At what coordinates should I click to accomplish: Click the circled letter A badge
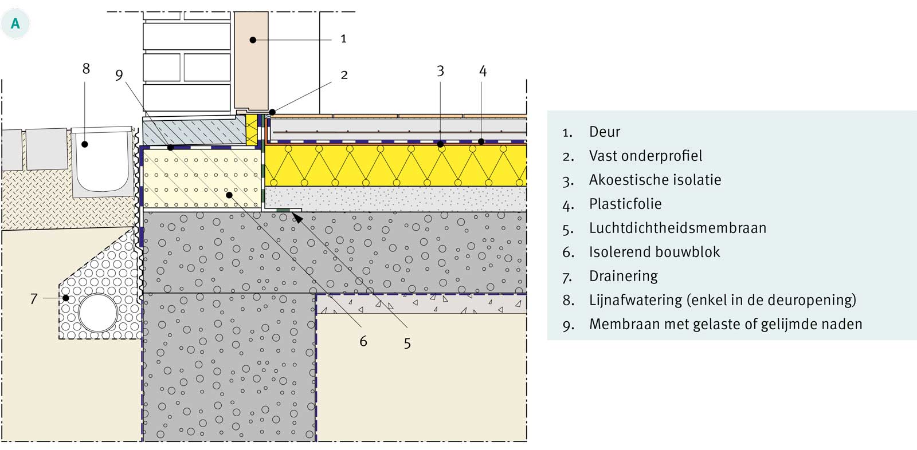(15, 23)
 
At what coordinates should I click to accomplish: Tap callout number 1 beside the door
(343, 39)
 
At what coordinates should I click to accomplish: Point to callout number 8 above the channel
(86, 69)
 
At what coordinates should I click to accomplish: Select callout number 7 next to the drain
(34, 298)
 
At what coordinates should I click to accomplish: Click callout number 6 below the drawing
(363, 341)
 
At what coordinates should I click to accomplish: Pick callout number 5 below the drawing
(407, 344)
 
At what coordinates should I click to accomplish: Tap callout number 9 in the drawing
(119, 75)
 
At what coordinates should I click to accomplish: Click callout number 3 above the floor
(440, 71)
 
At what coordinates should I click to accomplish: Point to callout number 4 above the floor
(483, 72)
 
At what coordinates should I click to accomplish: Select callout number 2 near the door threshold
(344, 75)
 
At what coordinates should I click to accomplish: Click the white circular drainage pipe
(98, 313)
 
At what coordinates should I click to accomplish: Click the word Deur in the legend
(605, 132)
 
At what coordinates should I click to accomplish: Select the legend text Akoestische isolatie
(655, 180)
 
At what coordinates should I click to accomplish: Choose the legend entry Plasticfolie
(625, 204)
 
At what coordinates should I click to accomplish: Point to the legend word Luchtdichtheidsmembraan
(677, 228)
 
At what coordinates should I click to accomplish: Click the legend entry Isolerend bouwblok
(655, 252)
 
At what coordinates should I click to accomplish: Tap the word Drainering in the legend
(623, 276)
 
